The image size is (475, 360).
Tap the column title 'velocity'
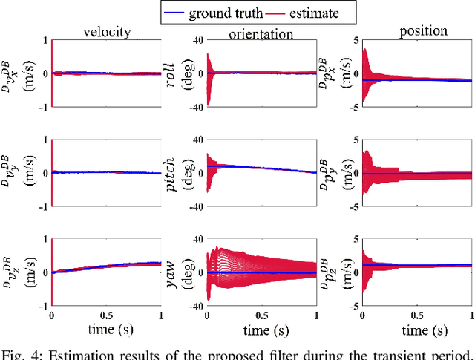(105, 31)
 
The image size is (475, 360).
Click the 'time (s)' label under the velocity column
(105, 329)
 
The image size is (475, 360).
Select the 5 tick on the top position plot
(356, 40)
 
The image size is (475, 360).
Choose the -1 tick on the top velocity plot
(44, 105)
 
